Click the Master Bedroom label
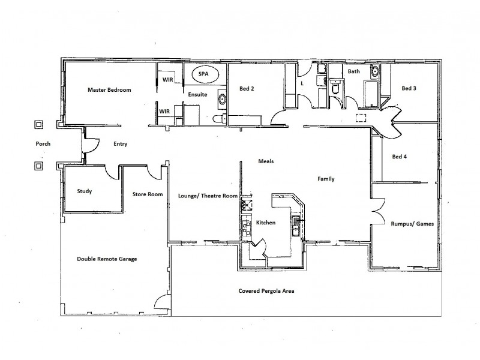(x=109, y=89)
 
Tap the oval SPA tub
(x=204, y=76)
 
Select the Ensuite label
(x=198, y=94)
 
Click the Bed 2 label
(x=247, y=89)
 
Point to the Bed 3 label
(x=409, y=89)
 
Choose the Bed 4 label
(x=399, y=157)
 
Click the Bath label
(x=354, y=71)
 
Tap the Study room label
(x=85, y=191)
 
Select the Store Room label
(x=148, y=194)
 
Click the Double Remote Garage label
(x=107, y=259)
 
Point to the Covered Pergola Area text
(x=267, y=291)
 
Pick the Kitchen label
(x=265, y=223)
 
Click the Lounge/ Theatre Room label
(x=208, y=196)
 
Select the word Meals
(x=266, y=161)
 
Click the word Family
(x=326, y=179)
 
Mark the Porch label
(x=43, y=144)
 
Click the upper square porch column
(x=39, y=125)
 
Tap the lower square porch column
(x=39, y=165)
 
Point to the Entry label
(x=121, y=144)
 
